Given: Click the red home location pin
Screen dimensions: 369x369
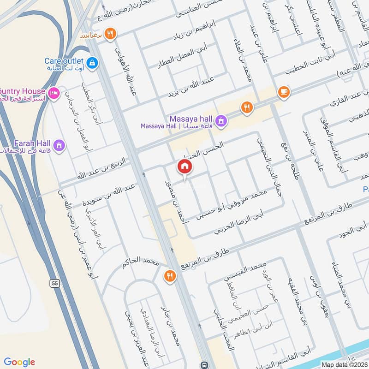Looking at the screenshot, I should point(185,167).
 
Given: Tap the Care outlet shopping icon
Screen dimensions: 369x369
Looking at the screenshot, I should point(92,62).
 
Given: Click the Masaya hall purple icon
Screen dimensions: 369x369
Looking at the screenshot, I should point(221,120).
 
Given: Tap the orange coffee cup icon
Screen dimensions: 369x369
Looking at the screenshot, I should point(284,92).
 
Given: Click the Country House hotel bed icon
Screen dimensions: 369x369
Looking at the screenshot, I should point(54,93).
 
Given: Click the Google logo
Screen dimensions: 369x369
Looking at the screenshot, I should point(19,362).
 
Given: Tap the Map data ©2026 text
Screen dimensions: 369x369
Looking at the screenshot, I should point(344,365).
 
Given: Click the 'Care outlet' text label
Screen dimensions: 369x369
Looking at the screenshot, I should point(64,61).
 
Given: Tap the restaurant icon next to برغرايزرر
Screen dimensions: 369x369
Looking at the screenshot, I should point(110,33).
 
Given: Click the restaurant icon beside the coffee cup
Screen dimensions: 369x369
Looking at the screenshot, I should point(247,108).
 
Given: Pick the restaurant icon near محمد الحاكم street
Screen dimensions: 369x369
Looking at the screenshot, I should point(170,275).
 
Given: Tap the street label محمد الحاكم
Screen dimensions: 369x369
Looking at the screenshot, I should point(140,263).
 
